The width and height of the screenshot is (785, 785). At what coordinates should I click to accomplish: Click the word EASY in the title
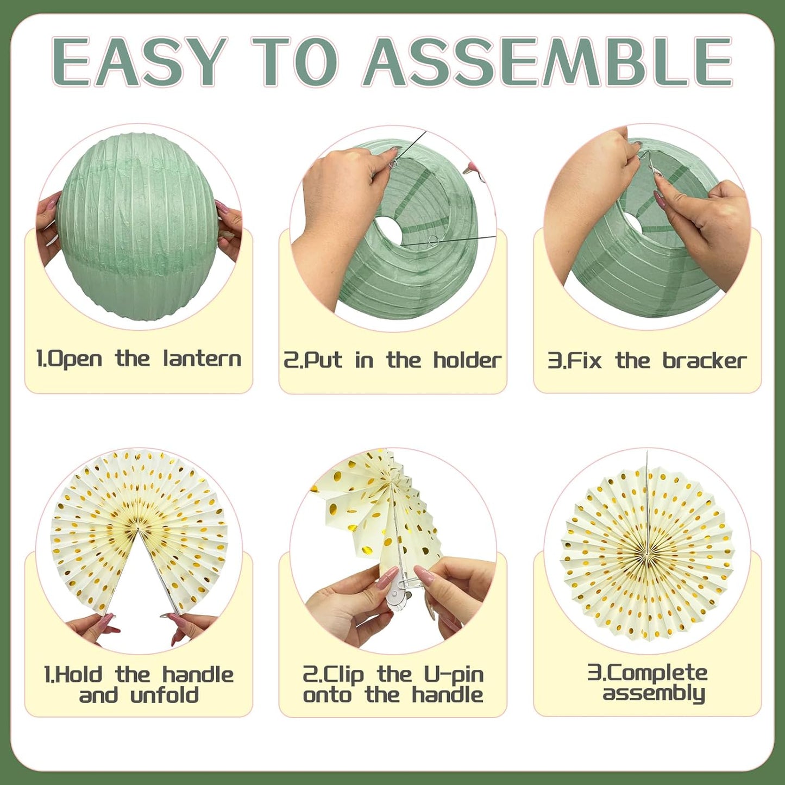(x=139, y=62)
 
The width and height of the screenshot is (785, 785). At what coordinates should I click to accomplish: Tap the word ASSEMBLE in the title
(x=549, y=62)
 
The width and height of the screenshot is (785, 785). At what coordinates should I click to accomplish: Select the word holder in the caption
(x=467, y=360)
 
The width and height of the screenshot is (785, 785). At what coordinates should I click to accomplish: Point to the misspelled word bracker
(x=704, y=361)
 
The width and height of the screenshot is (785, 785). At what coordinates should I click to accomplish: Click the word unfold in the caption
(x=165, y=695)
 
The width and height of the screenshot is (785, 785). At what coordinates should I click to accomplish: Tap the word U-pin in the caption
(x=453, y=675)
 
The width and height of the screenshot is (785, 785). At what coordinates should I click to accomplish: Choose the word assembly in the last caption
(x=654, y=694)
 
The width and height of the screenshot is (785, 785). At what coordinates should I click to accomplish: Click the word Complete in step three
(x=656, y=673)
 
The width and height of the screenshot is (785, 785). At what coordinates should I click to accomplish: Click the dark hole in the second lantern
(x=388, y=231)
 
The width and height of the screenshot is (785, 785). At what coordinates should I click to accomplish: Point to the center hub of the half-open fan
(x=138, y=528)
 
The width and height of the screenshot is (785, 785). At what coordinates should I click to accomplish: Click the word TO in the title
(x=297, y=62)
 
